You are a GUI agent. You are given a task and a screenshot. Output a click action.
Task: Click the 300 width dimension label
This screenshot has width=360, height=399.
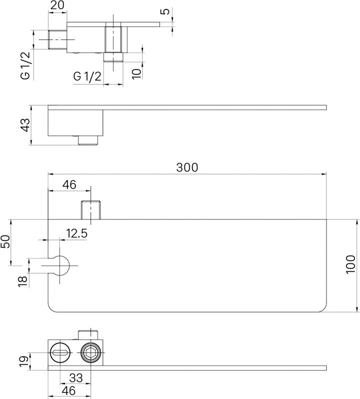click(187, 168)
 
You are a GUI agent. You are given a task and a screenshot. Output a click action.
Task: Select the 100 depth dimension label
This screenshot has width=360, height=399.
click(351, 264)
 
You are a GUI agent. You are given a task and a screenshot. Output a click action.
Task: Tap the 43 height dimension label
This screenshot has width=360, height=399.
click(25, 125)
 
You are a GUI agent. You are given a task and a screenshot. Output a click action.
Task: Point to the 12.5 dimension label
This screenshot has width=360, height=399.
click(77, 233)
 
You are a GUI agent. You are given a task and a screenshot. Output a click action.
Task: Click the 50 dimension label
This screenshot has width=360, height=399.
click(5, 241)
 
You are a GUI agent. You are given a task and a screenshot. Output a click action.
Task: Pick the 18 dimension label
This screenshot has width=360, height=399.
click(22, 282)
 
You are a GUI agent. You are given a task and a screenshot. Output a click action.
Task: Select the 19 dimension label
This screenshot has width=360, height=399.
click(23, 362)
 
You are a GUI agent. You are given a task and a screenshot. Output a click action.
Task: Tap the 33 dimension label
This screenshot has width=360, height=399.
click(76, 378)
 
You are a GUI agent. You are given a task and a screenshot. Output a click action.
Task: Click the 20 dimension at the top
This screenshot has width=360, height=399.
click(57, 5)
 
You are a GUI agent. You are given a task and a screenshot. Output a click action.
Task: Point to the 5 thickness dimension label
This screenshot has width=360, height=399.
click(166, 11)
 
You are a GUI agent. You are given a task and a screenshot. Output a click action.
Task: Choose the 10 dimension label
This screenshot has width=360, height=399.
click(137, 73)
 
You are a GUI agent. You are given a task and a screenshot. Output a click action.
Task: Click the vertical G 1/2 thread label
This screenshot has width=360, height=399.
click(25, 65)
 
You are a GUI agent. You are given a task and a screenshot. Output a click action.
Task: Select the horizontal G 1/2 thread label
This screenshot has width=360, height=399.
click(87, 76)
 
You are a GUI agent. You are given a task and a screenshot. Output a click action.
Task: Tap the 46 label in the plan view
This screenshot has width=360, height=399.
click(69, 185)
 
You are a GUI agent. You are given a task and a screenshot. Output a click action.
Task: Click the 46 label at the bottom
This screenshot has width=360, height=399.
click(68, 391)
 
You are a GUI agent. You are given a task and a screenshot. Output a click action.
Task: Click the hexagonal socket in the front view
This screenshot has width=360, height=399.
click(91, 353)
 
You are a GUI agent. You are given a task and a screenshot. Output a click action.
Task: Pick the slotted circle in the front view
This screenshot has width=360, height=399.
click(60, 353)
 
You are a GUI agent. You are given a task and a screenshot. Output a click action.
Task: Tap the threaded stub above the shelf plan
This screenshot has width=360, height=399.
click(91, 210)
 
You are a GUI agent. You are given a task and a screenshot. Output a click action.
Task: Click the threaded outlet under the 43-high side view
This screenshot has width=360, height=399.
click(88, 140)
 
